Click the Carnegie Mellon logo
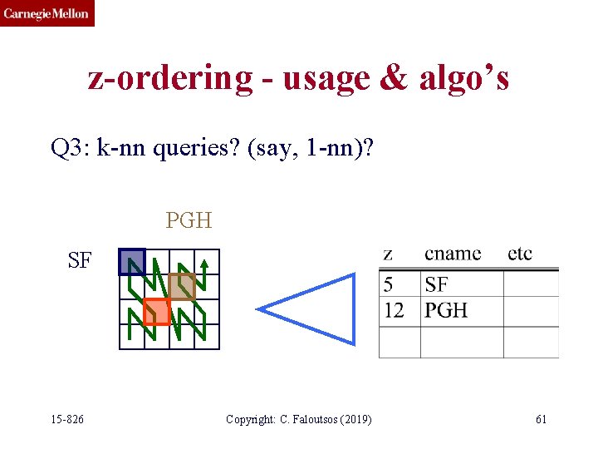tap(47, 13)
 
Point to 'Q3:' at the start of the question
tap(70, 149)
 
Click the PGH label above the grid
tap(189, 220)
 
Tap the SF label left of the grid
tap(80, 260)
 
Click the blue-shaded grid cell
tap(132, 262)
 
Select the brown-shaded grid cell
tap(182, 286)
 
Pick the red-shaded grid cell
tap(156, 311)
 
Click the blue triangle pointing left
tap(316, 308)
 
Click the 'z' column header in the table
tap(388, 254)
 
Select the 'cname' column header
tap(452, 254)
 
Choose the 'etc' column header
tap(520, 254)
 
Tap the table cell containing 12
tap(395, 310)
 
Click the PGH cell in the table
tap(446, 310)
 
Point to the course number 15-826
tap(67, 419)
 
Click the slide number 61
tap(541, 419)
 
